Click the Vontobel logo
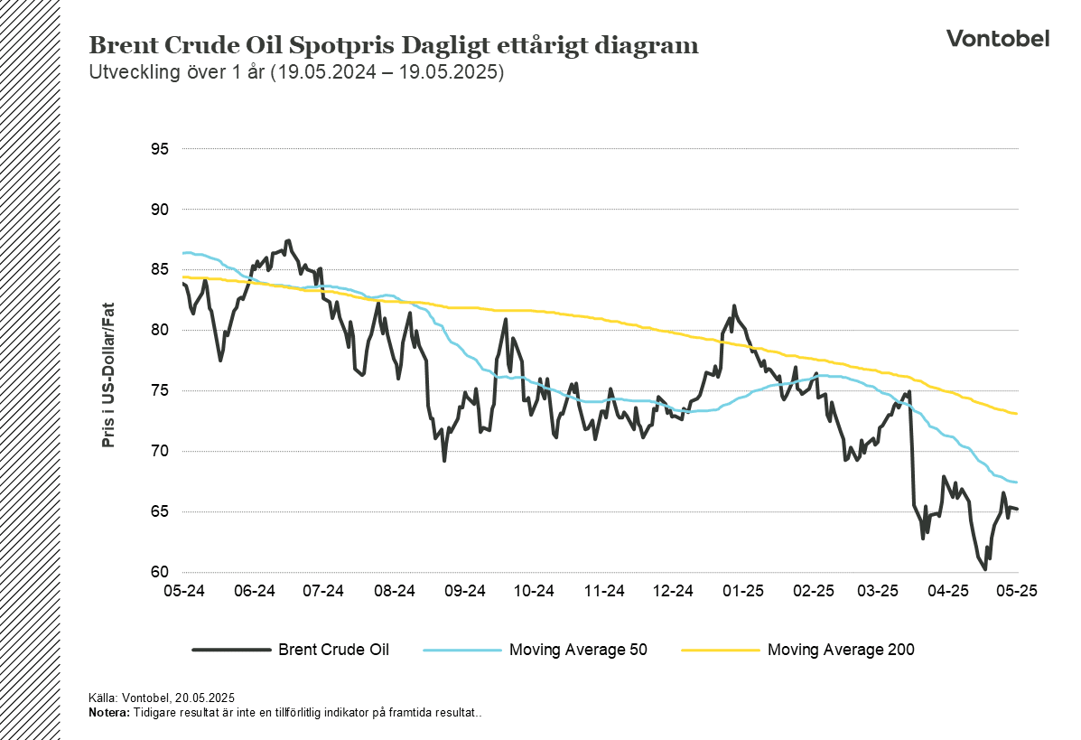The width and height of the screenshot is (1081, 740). (998, 39)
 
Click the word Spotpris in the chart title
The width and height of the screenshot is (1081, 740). (341, 46)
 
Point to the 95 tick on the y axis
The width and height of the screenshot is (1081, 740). (159, 149)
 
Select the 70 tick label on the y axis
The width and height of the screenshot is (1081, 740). (159, 451)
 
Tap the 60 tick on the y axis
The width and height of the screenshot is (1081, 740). (159, 572)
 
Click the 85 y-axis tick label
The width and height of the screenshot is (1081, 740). (159, 269)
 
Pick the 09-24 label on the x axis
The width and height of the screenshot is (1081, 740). (465, 591)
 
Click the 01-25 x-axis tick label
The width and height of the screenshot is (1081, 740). (743, 591)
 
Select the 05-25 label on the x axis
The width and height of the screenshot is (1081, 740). (1017, 591)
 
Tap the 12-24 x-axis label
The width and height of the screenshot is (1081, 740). (673, 591)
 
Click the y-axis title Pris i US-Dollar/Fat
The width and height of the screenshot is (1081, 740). (108, 375)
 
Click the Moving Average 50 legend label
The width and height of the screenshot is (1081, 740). (578, 650)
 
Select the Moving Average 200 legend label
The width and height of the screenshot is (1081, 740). (841, 650)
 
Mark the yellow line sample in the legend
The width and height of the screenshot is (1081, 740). (720, 650)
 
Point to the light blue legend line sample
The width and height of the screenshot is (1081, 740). (461, 650)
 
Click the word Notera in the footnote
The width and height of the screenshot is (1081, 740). (109, 712)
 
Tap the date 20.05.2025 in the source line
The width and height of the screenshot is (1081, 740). (205, 698)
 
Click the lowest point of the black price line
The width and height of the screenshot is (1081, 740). (985, 569)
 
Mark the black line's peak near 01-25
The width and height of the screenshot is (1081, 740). (733, 305)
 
